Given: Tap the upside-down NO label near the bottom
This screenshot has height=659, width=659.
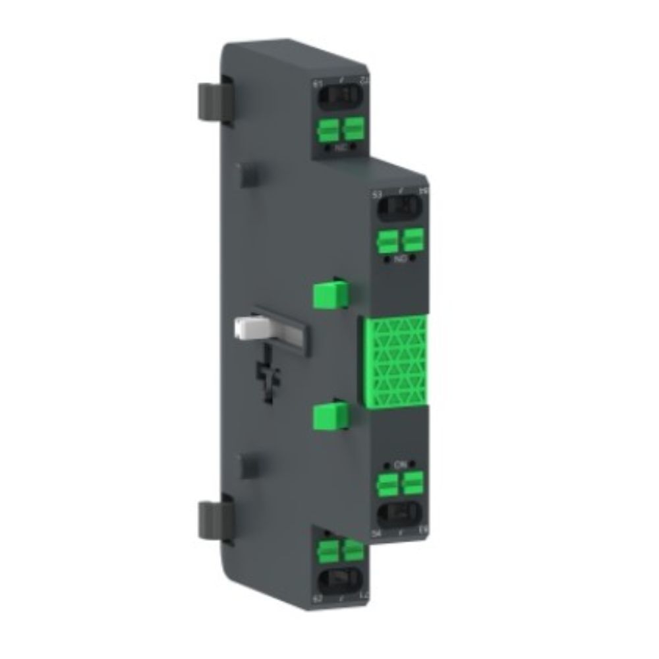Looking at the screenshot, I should [399, 465].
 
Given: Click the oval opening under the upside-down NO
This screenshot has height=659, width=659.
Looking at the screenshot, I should [399, 511].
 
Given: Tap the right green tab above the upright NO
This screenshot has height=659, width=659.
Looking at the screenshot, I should [413, 240].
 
